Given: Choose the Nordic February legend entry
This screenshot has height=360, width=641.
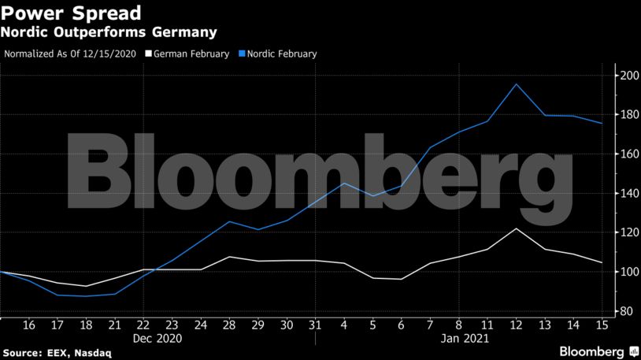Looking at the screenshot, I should click(281, 54).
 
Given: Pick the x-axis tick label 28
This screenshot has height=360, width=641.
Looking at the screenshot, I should click(228, 325).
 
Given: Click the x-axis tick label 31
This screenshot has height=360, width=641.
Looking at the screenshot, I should click(314, 325).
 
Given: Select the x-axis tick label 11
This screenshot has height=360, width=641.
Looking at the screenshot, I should click(487, 325).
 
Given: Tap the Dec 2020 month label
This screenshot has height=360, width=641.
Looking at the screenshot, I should click(157, 339).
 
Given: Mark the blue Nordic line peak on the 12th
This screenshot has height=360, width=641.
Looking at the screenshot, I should click(515, 84).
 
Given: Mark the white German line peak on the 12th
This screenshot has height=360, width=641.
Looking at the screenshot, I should click(515, 228).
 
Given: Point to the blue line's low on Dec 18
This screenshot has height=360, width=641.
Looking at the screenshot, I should click(86, 296).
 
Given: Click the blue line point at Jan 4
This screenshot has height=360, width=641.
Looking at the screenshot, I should click(343, 183).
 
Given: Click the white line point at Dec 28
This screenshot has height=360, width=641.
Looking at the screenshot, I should click(228, 257).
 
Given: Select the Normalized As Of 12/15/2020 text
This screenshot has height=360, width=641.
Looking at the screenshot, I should click(71, 54).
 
